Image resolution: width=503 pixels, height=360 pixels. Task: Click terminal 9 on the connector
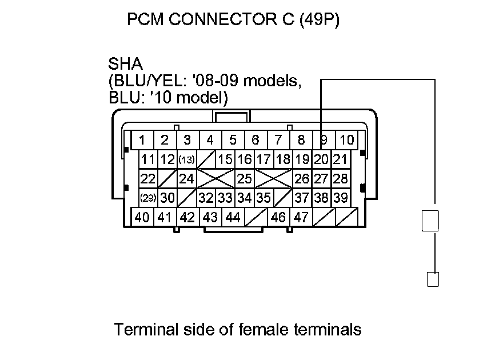pyautogui.click(x=324, y=140)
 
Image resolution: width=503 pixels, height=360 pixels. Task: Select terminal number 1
pyautogui.click(x=142, y=140)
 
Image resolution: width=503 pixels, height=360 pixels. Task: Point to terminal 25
pyautogui.click(x=245, y=179)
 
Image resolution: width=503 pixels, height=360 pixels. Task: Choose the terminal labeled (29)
pyautogui.click(x=149, y=198)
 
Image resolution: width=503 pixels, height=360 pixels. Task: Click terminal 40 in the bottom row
pyautogui.click(x=142, y=217)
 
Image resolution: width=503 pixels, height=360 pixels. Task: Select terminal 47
pyautogui.click(x=301, y=217)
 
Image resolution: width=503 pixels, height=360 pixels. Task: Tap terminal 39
pyautogui.click(x=341, y=198)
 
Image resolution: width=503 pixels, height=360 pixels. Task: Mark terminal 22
pyautogui.click(x=148, y=179)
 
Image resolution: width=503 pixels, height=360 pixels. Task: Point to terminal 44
pyautogui.click(x=233, y=217)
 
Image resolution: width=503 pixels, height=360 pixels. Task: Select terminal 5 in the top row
pyautogui.click(x=233, y=140)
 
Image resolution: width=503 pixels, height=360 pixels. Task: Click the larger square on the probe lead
pyautogui.click(x=430, y=221)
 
